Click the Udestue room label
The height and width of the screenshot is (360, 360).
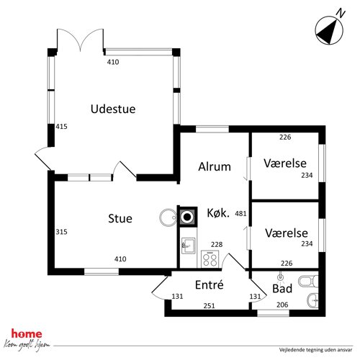(113, 109)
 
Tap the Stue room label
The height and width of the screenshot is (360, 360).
(120, 218)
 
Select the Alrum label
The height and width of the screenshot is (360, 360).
(215, 166)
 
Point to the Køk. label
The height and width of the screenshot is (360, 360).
(218, 213)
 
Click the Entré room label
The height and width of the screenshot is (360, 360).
(210, 284)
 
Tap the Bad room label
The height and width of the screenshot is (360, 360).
(282, 288)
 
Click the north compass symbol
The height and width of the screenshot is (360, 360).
(329, 30)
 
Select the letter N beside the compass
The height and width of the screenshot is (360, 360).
(341, 13)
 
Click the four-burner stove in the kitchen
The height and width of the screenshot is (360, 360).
(210, 259)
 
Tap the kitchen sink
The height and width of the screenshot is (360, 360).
(189, 246)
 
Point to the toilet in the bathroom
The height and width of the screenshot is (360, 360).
(308, 282)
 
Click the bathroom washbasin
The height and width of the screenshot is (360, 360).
(313, 300)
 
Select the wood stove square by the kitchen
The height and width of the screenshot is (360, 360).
(187, 217)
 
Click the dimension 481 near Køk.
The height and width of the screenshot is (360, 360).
(240, 213)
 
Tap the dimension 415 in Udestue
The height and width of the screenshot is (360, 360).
(61, 127)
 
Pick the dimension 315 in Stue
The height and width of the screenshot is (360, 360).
(61, 232)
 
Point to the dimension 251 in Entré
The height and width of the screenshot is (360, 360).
(209, 306)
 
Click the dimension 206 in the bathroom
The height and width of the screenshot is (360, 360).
(282, 305)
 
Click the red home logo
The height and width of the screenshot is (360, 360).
(27, 334)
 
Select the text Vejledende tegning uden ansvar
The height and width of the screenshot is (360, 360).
(315, 350)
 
